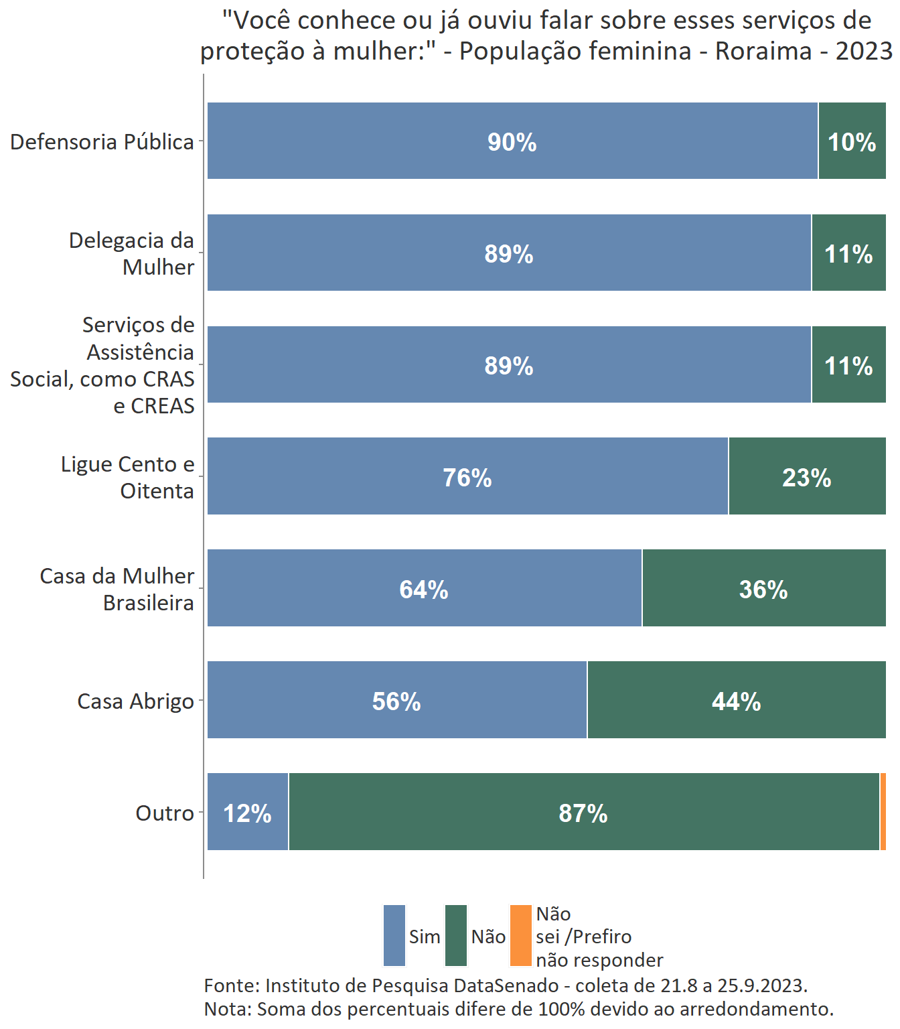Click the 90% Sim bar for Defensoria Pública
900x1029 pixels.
pyautogui.click(x=512, y=141)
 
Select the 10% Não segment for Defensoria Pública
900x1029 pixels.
pyautogui.click(x=852, y=141)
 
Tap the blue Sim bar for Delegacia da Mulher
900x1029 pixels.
pyautogui.click(x=509, y=253)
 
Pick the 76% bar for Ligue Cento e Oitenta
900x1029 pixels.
pyautogui.click(x=467, y=476)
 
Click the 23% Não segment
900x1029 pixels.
pyautogui.click(x=807, y=476)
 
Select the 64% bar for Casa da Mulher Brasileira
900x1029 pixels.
pyautogui.click(x=424, y=588)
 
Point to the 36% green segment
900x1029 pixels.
pyautogui.click(x=763, y=588)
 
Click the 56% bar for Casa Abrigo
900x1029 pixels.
pyautogui.click(x=396, y=700)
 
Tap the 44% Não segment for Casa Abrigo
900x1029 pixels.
pyautogui.click(x=736, y=700)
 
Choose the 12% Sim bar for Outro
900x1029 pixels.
pyautogui.click(x=247, y=812)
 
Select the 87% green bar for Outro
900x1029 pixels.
pyautogui.click(x=583, y=812)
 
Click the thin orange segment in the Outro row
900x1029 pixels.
pyautogui.click(x=883, y=812)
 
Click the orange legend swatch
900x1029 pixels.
pyautogui.click(x=520, y=936)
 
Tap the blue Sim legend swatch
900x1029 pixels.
pyautogui.click(x=394, y=936)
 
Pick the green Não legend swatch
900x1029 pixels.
pyautogui.click(x=456, y=936)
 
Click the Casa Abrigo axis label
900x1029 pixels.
pyautogui.click(x=135, y=701)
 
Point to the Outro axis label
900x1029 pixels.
pyautogui.click(x=165, y=813)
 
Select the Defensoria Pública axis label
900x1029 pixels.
pyautogui.click(x=102, y=142)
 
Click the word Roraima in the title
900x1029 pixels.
pyautogui.click(x=763, y=51)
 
